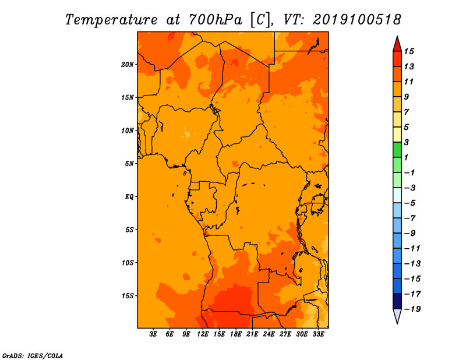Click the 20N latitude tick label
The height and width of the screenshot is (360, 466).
(128, 65)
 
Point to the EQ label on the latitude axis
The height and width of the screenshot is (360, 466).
(129, 197)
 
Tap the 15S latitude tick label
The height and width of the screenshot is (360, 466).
(128, 296)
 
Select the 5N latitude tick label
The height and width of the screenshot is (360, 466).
(129, 164)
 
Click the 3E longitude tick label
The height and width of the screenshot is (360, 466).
(153, 334)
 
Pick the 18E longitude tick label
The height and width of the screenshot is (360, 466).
(236, 334)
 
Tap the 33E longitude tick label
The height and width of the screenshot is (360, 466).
(318, 334)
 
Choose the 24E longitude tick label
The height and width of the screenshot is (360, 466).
(269, 334)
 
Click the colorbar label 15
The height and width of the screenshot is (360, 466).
(409, 51)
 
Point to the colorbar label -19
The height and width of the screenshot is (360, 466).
(412, 309)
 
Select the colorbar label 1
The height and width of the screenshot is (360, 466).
(406, 157)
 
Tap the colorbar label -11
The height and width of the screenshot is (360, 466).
(412, 249)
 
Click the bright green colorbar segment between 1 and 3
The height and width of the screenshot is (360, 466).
(397, 150)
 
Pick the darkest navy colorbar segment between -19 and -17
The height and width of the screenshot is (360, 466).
(397, 301)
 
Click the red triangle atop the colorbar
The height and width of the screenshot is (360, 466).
(397, 45)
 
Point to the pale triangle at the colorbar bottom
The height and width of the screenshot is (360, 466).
(397, 316)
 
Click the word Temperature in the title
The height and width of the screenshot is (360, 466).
(111, 20)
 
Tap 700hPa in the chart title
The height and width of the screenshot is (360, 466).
(216, 20)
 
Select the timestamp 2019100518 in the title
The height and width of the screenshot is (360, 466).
(357, 20)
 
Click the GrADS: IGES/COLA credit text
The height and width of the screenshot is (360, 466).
(33, 355)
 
